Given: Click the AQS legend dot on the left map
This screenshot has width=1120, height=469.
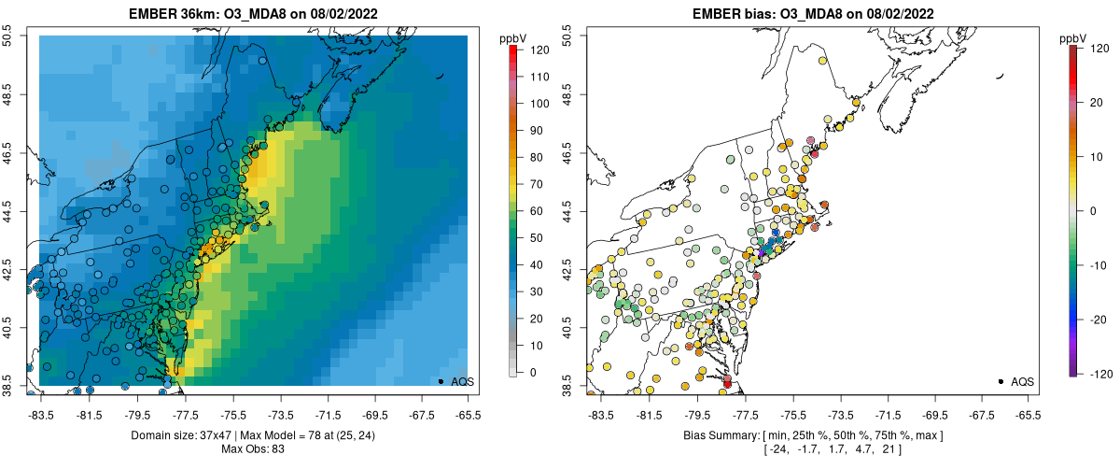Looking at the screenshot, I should [x=440, y=381].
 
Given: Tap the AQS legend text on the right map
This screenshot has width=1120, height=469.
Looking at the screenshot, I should [x=1024, y=381].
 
